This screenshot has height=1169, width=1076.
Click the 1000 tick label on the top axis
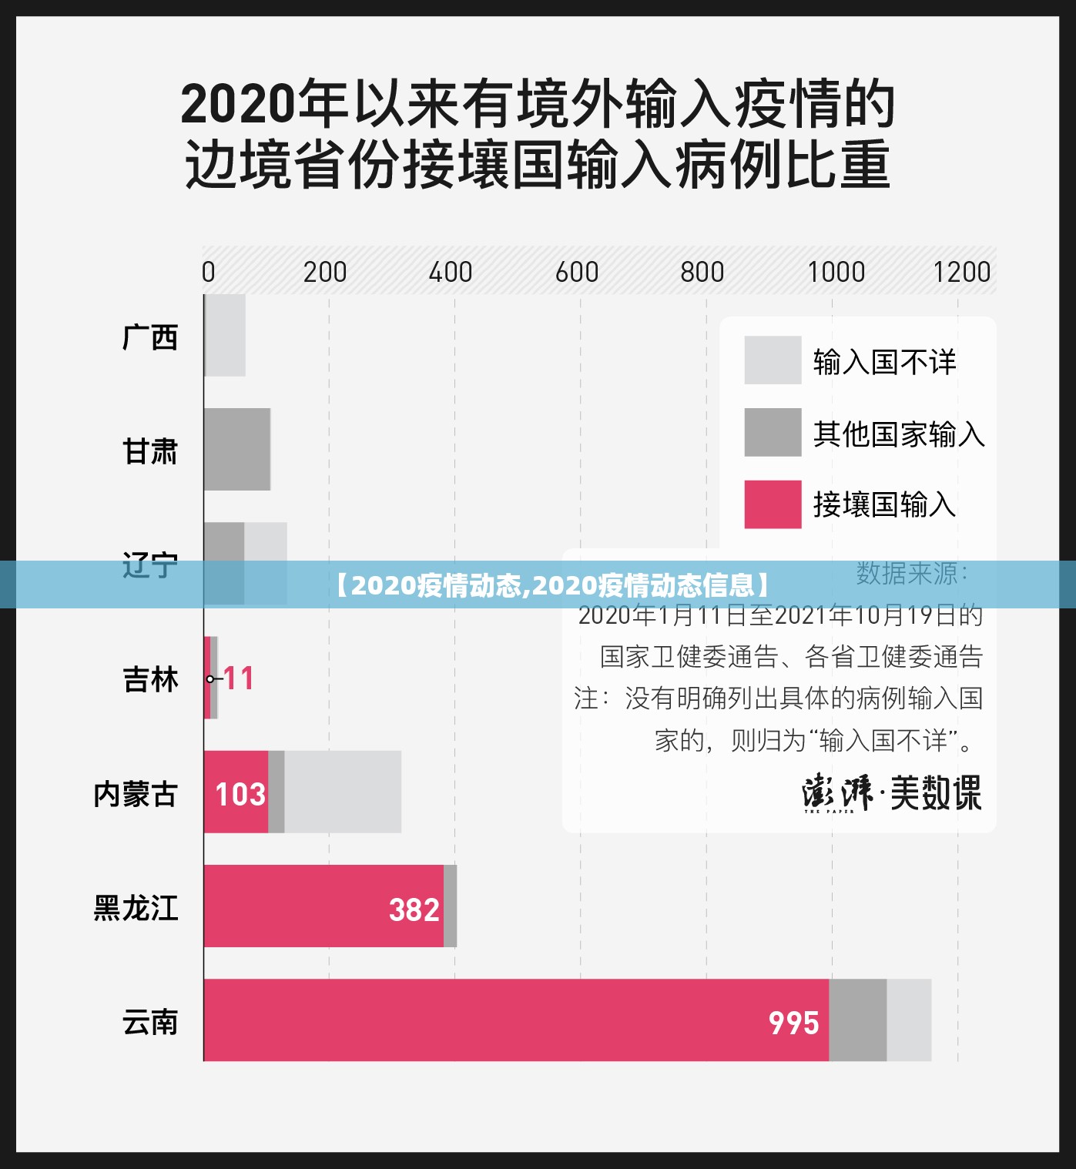(x=836, y=272)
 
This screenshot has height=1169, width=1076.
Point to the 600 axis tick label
(x=577, y=272)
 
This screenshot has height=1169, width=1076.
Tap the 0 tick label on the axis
(x=208, y=272)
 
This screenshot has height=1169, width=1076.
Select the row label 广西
(x=150, y=337)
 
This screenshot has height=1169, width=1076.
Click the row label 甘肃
(x=150, y=451)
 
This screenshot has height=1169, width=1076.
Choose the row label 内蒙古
(x=136, y=794)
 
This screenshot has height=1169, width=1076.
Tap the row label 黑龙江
(x=136, y=908)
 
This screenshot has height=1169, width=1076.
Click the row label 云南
(x=150, y=1023)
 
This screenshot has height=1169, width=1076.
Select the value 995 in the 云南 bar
(x=793, y=1023)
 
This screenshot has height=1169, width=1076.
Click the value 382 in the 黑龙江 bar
(x=414, y=909)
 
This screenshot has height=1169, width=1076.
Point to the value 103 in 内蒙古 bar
(x=240, y=794)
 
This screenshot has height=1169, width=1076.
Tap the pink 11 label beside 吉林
(x=239, y=678)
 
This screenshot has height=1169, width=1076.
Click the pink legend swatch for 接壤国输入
(x=773, y=504)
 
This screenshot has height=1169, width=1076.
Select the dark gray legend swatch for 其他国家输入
(x=773, y=432)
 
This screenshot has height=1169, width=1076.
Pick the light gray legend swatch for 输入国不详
(x=773, y=360)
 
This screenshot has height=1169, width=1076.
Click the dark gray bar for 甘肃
(x=237, y=449)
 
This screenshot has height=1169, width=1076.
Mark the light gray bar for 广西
(x=226, y=335)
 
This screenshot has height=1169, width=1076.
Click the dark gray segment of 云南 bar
(x=857, y=1020)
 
